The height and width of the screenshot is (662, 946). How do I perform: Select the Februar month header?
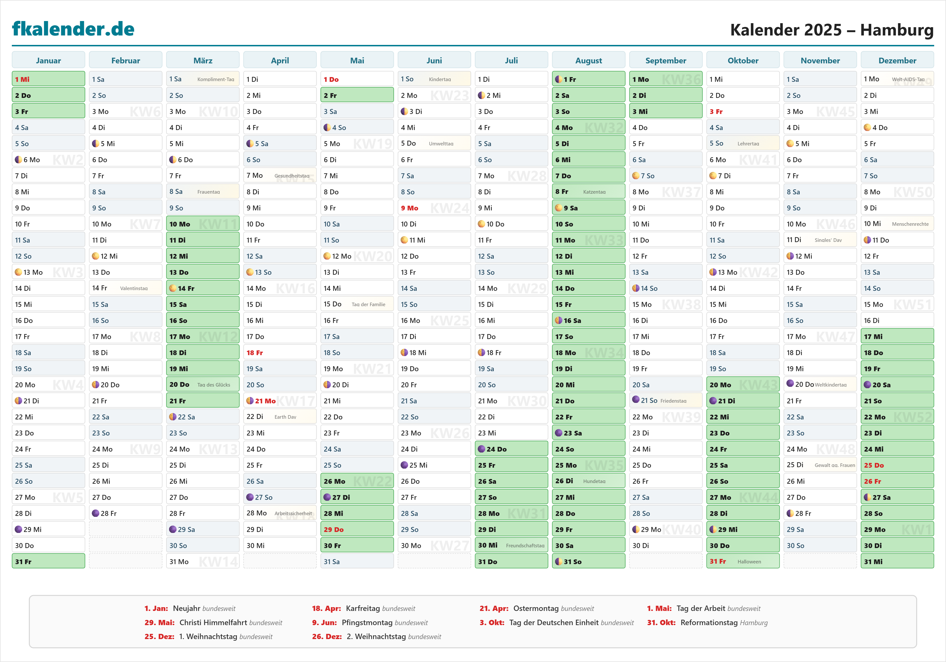(126, 61)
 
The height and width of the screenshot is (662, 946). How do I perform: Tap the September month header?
(666, 61)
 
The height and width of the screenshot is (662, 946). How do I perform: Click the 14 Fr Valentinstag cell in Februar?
(126, 288)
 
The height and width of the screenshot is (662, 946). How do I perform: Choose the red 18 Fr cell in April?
(280, 353)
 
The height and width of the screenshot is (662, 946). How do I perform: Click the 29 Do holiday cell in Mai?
(357, 529)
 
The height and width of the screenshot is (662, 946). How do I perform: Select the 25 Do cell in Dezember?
(897, 465)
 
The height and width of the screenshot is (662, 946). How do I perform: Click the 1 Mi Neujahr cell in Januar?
(48, 79)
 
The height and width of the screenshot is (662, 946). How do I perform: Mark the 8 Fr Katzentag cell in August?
(588, 192)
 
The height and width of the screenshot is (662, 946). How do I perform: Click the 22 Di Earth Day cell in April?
(280, 417)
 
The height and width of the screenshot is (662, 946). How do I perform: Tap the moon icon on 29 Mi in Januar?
(18, 529)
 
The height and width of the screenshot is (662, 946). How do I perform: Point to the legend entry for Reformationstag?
(707, 623)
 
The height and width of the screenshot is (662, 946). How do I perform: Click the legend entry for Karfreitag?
(364, 608)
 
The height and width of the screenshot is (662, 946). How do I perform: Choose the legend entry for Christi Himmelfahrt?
(213, 623)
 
